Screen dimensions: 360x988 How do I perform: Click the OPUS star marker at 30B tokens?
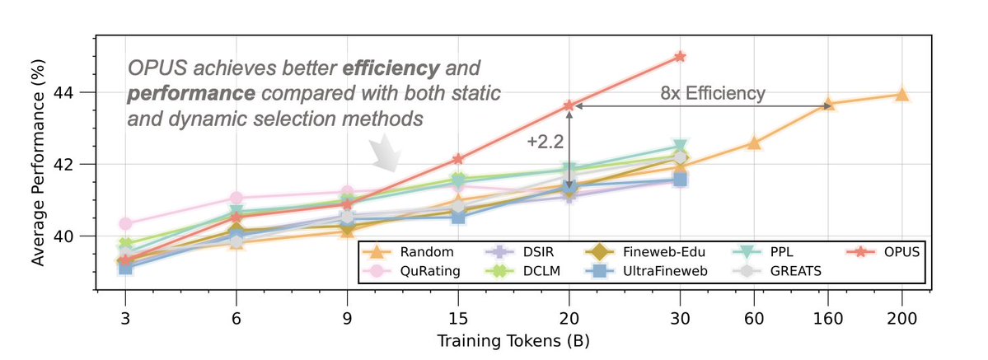(x=680, y=56)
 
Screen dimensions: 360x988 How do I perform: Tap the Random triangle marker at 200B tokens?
(x=901, y=95)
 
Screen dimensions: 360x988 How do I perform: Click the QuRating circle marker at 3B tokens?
(x=126, y=223)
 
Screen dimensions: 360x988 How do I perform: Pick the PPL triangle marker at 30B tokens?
(x=680, y=147)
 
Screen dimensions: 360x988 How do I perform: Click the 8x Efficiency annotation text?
(x=712, y=93)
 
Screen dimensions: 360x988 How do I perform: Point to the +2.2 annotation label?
(x=543, y=142)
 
